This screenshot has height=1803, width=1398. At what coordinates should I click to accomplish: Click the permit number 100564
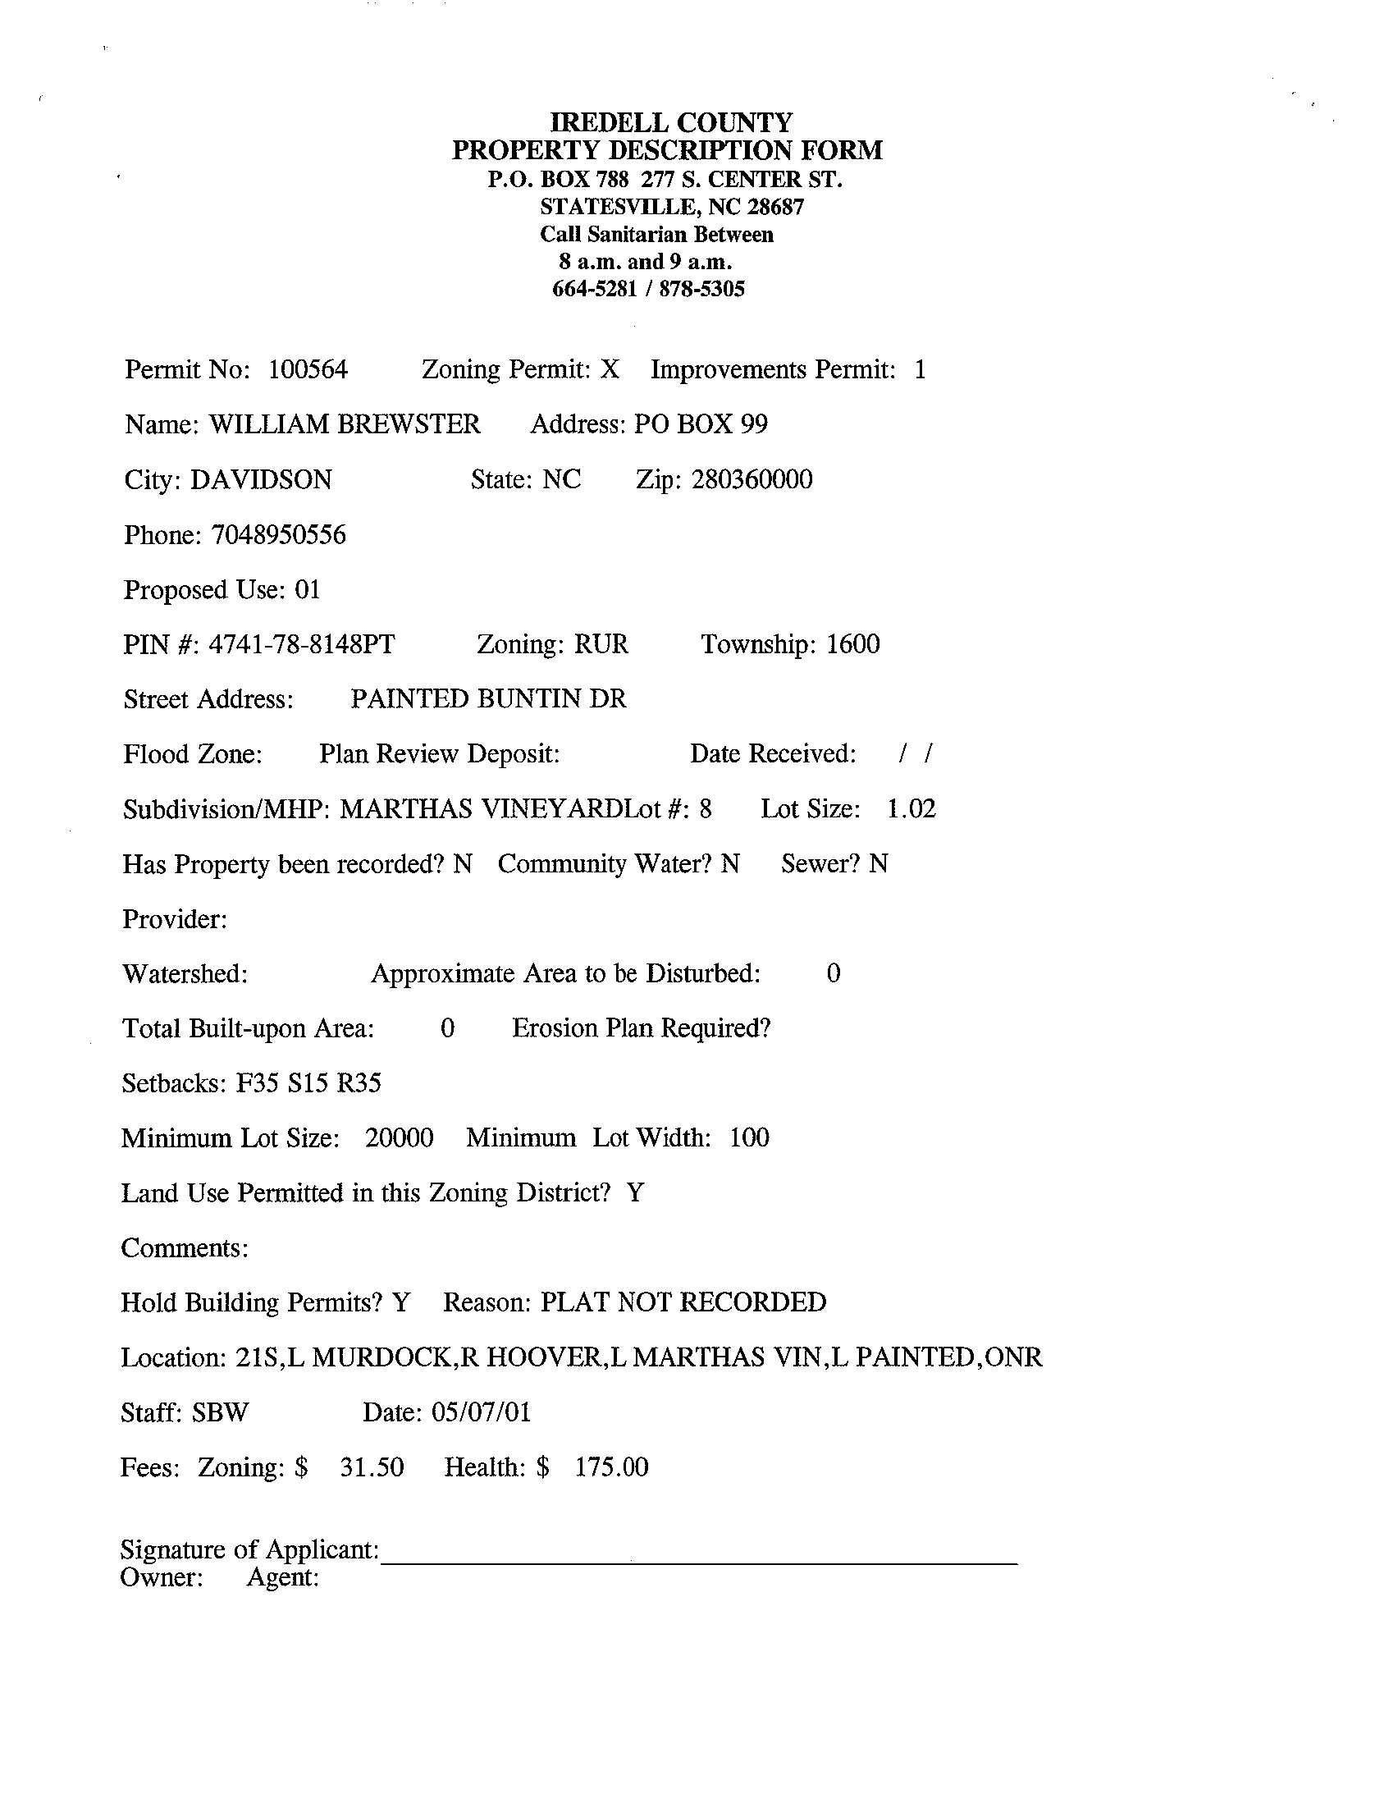point(308,369)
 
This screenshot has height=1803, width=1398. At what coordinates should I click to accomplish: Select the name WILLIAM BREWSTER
point(344,424)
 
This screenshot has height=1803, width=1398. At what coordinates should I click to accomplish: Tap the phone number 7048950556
point(279,535)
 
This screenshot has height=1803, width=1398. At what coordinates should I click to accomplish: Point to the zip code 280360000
point(752,479)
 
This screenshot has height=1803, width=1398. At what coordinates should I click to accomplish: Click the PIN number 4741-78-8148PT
point(301,644)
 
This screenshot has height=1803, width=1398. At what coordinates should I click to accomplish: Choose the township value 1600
point(852,644)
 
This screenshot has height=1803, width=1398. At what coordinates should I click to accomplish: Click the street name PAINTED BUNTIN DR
point(488,699)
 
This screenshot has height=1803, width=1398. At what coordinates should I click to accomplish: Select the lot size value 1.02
point(911,809)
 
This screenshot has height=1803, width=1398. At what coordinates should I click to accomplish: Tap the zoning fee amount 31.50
point(372,1467)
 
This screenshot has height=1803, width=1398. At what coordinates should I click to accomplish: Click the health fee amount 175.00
point(611,1467)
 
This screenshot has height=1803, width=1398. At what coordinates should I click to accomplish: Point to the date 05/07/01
point(481,1412)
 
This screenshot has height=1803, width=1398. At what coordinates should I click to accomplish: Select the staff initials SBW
point(221,1412)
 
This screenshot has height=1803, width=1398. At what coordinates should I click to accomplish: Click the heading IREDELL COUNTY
point(671,123)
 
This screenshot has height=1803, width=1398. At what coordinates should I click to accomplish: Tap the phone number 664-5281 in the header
point(594,289)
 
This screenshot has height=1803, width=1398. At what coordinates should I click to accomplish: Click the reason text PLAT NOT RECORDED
point(683,1302)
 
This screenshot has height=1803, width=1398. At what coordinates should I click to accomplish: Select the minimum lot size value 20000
point(400,1138)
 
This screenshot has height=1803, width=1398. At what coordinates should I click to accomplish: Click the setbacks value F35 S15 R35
point(308,1083)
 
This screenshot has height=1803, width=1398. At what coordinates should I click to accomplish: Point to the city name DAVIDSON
point(261,479)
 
